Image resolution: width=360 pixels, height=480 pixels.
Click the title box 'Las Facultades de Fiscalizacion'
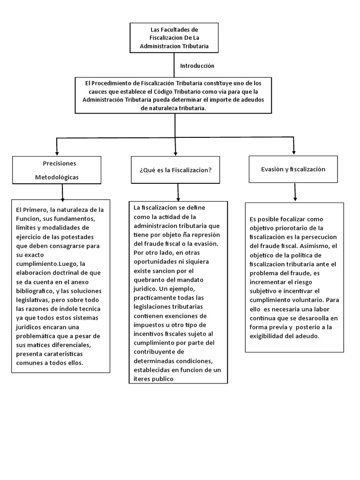point(174,38)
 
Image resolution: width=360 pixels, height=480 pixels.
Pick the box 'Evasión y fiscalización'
point(293,169)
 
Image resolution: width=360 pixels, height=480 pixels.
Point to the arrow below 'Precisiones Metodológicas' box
point(62,192)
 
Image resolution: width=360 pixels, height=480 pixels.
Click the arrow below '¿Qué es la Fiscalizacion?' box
point(177,192)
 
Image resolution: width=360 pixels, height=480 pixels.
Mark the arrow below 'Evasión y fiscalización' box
point(295,192)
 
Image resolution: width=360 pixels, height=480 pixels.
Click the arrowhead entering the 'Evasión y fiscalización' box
point(294,150)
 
